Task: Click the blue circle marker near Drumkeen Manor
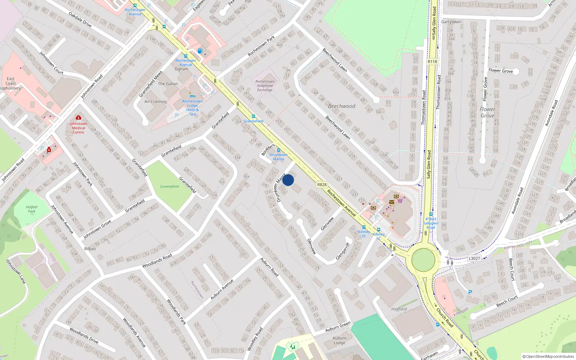pos(288,180)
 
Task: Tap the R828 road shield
pos(322,185)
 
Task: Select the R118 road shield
pos(432,62)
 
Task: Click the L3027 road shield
pos(474,258)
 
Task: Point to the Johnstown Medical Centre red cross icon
pos(78,117)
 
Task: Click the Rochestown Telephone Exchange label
pos(265,86)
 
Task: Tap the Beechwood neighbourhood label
pos(341,106)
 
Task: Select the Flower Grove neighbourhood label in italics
pos(487,112)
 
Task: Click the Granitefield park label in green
pos(170,186)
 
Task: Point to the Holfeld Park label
pos(32,209)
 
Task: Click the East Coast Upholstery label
pos(11,84)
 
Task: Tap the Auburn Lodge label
pos(339,341)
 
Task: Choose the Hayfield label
pos(399,309)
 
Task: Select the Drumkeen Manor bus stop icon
pos(278,150)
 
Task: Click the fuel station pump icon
pos(200,51)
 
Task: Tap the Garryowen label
pos(451,22)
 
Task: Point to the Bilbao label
pos(90,249)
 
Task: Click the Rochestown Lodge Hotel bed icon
pos(192,96)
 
